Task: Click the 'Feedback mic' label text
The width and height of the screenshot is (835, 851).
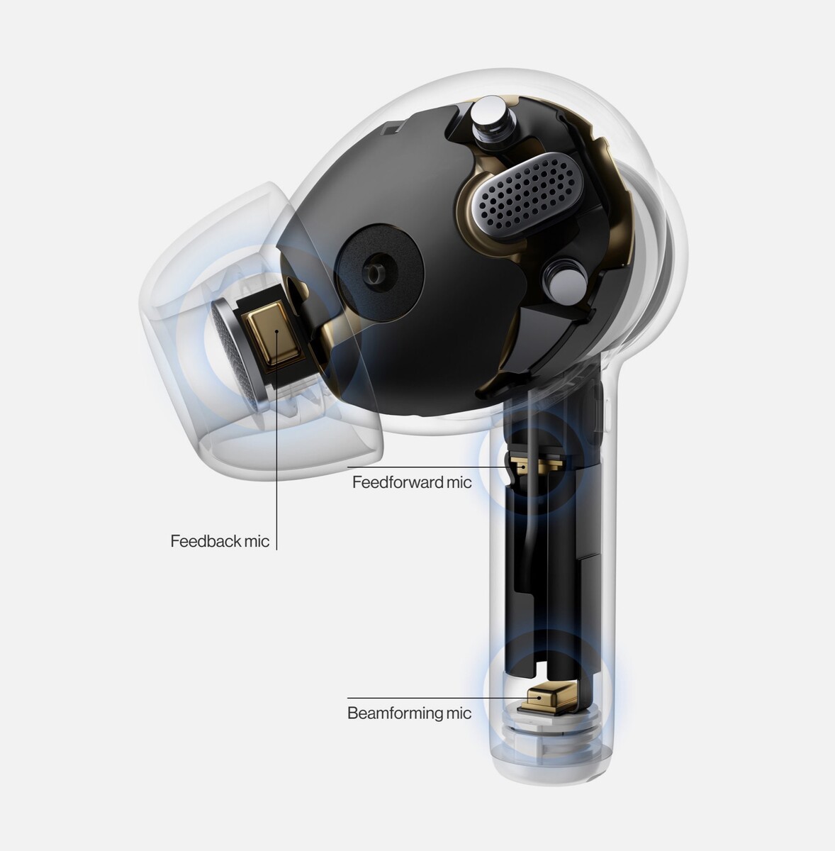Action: click(x=220, y=541)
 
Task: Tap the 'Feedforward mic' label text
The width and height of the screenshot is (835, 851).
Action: click(x=412, y=482)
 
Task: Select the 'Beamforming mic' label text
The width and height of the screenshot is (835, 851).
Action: click(x=409, y=713)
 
